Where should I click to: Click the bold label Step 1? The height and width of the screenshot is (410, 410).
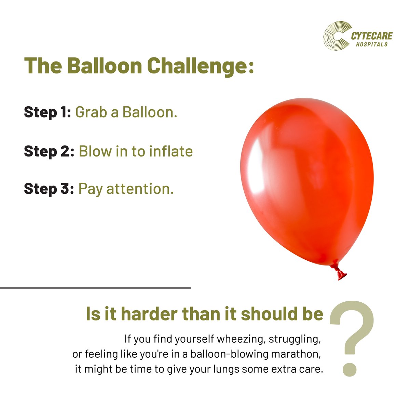47,112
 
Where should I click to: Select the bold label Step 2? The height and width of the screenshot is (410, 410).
49,151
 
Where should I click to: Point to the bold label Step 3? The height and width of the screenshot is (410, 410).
49,189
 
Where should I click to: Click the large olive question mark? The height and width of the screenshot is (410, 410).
352,328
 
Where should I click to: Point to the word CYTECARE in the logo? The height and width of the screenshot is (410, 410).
372,36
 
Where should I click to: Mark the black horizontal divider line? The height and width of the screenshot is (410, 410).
96,288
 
